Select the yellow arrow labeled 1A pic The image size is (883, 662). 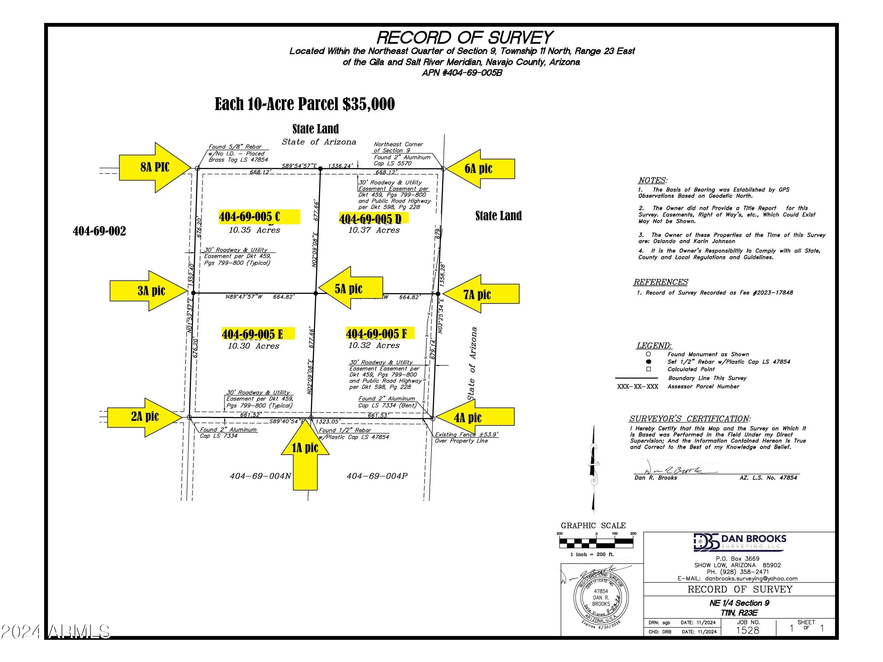[306, 455]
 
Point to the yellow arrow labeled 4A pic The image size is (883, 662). [473, 418]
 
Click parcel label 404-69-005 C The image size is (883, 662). [250, 217]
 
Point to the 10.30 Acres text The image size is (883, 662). [253, 346]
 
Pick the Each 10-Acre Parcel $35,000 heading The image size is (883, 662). [305, 104]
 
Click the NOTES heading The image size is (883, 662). [652, 180]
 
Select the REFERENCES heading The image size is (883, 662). [661, 282]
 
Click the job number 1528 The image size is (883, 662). [747, 630]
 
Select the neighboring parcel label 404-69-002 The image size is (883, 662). [99, 231]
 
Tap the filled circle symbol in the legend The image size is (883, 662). [649, 362]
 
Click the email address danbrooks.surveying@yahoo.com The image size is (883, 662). [751, 578]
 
